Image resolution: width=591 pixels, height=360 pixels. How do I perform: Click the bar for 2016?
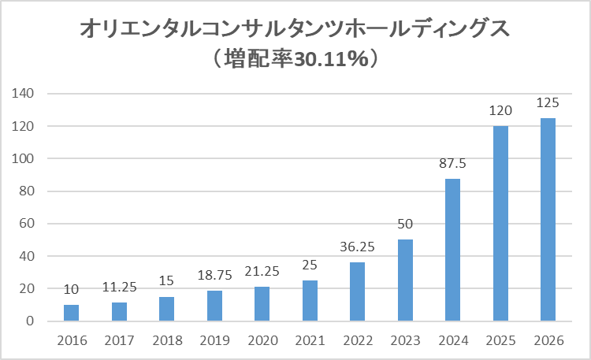coord(71,313)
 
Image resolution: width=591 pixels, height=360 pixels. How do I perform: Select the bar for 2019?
coord(214,306)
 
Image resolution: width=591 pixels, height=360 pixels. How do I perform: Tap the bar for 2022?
coord(358,291)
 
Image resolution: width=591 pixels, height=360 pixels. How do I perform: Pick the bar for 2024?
coord(453,250)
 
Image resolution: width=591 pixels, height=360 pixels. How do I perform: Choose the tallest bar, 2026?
coord(548,220)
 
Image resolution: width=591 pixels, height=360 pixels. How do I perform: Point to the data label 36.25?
coord(358,247)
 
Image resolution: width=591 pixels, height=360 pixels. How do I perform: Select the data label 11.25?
coord(119,288)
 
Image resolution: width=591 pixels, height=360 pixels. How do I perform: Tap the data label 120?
coord(500,110)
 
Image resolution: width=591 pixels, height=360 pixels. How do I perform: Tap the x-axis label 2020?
coord(262,340)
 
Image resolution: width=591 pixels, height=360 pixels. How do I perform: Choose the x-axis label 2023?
coord(405,340)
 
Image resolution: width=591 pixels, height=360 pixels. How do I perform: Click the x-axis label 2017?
coord(119,340)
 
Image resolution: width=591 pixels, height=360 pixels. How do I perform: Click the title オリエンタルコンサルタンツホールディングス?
coord(295,30)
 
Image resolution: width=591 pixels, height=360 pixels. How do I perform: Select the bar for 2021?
coord(310,301)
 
